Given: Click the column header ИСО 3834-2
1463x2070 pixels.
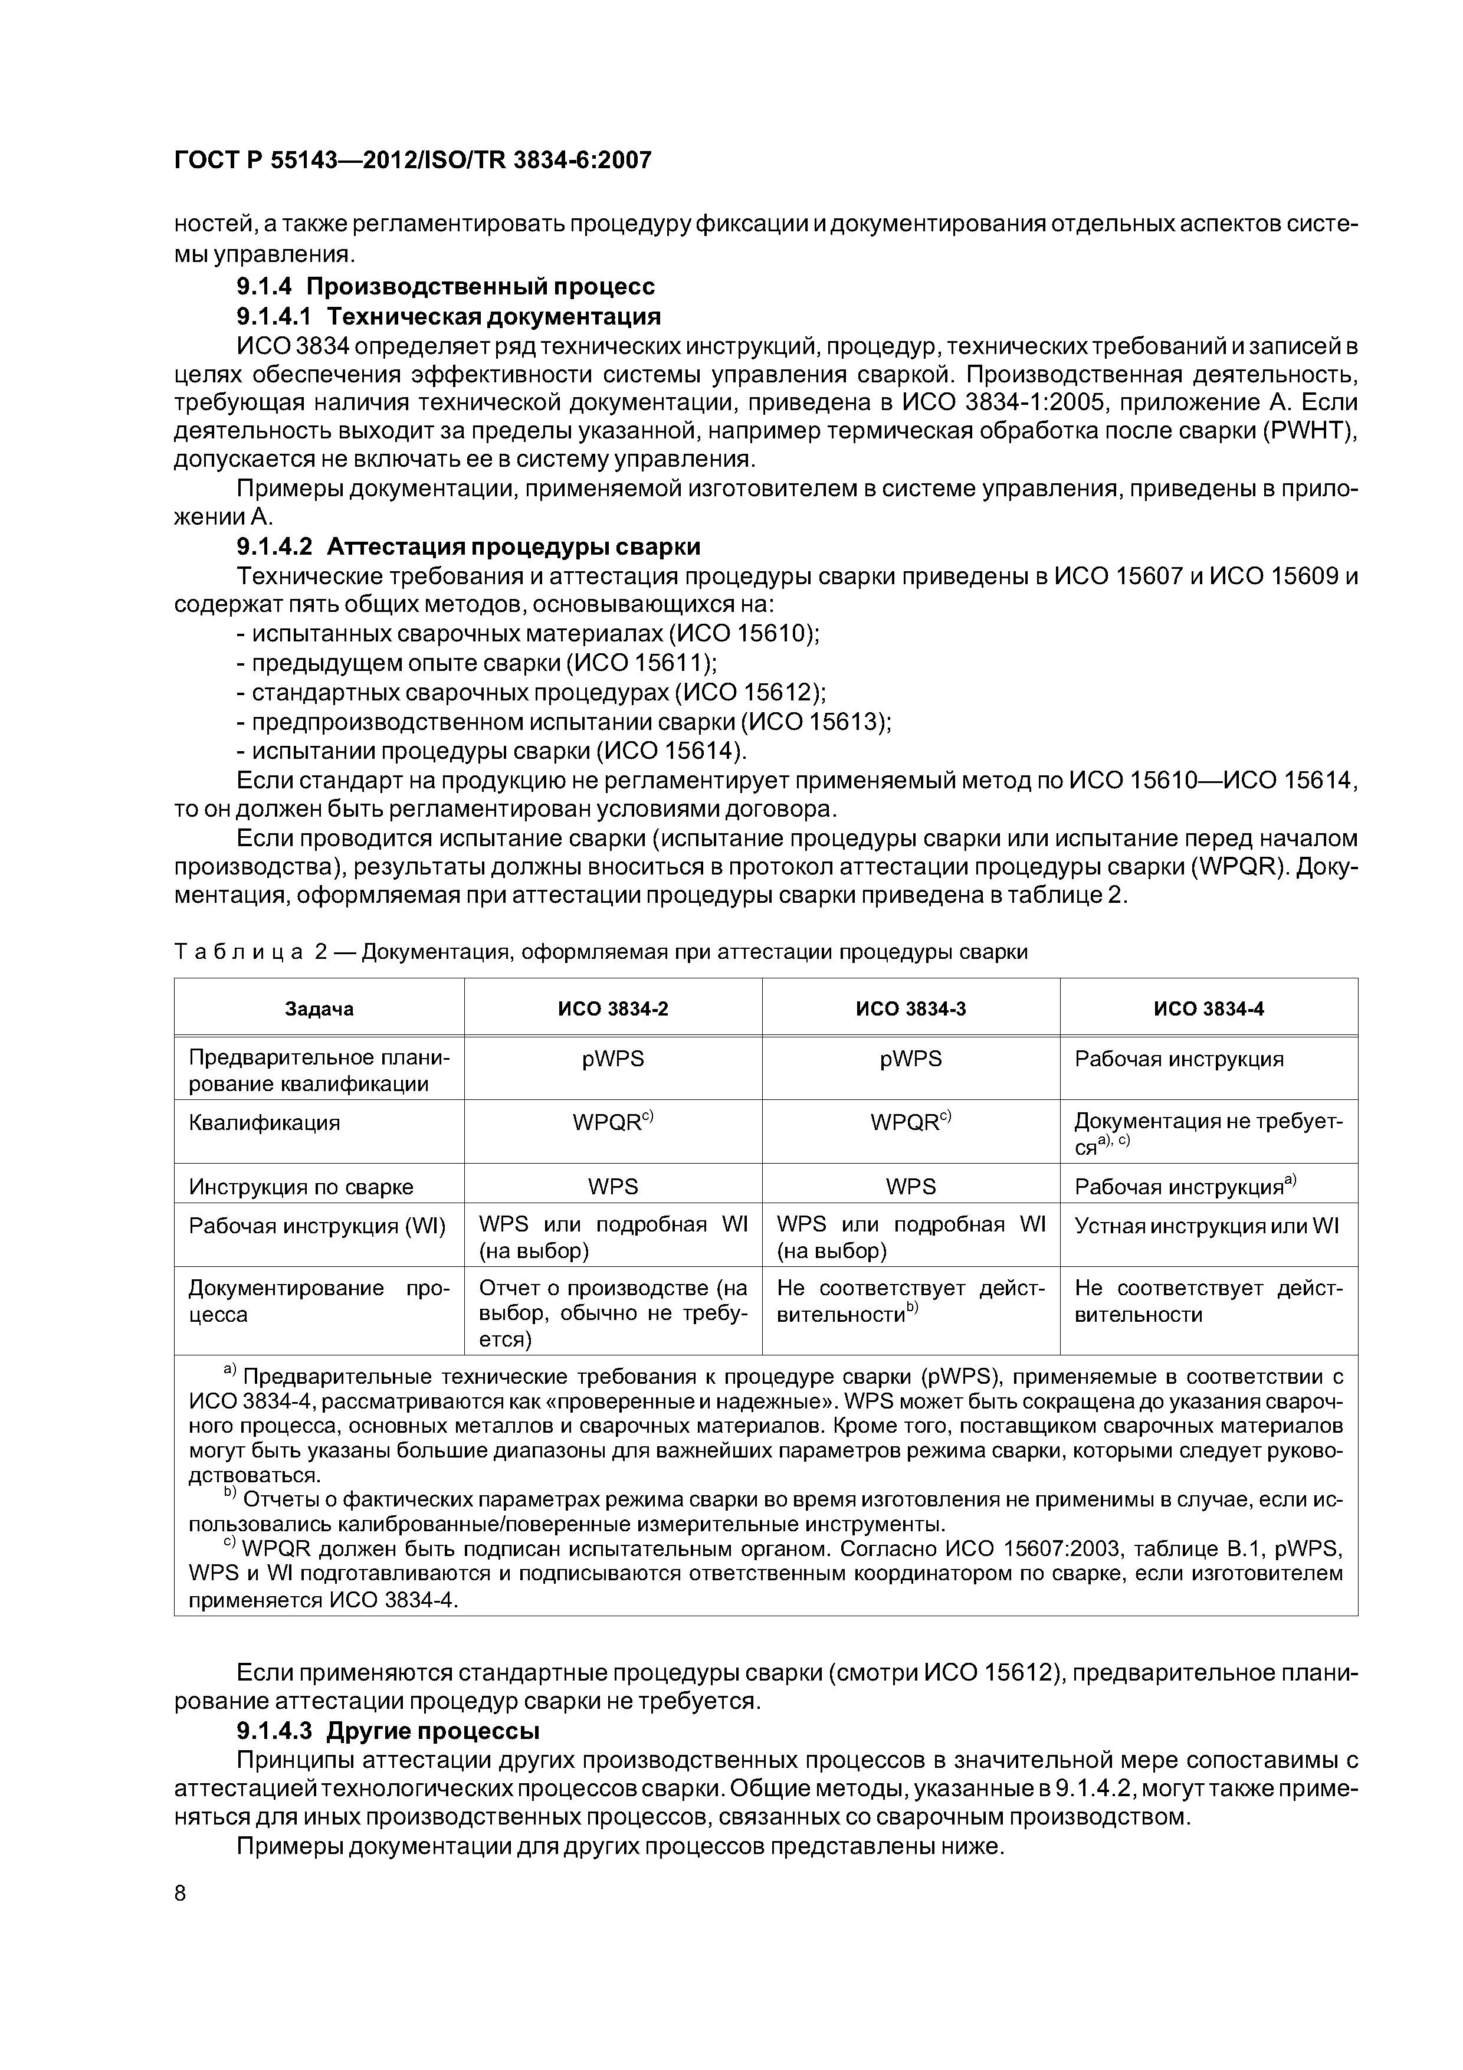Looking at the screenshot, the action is pyautogui.click(x=613, y=1009).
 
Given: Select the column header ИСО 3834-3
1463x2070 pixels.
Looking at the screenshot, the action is pyautogui.click(x=910, y=1009).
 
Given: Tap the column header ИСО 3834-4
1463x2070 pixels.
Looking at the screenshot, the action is pyautogui.click(x=1209, y=1009).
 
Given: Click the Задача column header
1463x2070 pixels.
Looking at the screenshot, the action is pyautogui.click(x=319, y=1009).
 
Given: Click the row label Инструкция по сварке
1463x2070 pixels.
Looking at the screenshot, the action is pyautogui.click(x=301, y=1187).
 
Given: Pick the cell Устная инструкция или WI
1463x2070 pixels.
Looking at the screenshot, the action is pyautogui.click(x=1206, y=1226).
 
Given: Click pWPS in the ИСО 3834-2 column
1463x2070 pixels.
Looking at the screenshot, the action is pyautogui.click(x=613, y=1059).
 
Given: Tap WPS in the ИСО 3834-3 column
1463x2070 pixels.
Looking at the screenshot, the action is pyautogui.click(x=910, y=1187).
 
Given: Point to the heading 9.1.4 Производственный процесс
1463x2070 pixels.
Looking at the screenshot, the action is pyautogui.click(x=445, y=287).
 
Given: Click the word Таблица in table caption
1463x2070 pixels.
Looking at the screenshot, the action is pyautogui.click(x=238, y=952).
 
